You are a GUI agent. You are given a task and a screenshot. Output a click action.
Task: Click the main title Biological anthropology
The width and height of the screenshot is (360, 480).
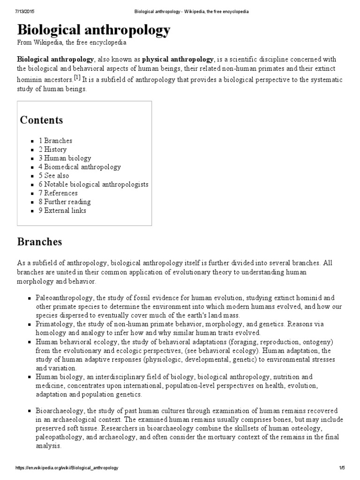[94, 30]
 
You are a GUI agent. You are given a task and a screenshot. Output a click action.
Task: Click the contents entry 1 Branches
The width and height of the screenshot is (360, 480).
[55, 141]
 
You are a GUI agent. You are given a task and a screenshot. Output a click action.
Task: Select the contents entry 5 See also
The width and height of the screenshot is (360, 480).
[54, 176]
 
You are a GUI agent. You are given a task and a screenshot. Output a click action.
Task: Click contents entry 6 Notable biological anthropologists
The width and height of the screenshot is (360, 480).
[93, 184]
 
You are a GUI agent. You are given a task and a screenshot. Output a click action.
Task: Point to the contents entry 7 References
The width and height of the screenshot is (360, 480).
[58, 193]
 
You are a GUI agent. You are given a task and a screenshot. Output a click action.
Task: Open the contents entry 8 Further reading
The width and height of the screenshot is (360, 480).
[65, 202]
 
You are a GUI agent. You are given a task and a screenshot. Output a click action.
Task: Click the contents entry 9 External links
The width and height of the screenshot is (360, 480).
[62, 210]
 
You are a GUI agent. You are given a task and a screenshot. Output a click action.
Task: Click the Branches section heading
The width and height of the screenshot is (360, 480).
[39, 242]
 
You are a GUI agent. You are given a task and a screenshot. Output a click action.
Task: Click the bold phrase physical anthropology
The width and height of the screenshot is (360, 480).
[178, 60]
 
